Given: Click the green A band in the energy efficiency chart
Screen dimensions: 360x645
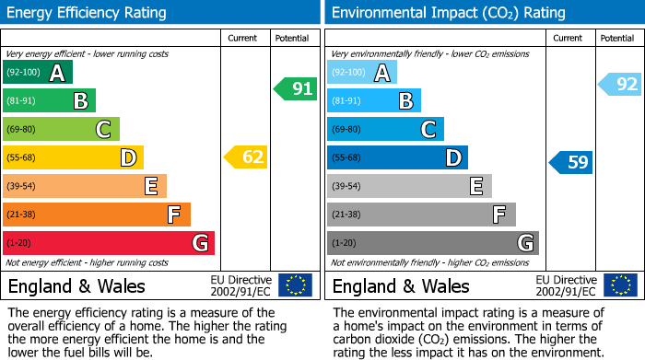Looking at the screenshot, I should pyautogui.click(x=38, y=73).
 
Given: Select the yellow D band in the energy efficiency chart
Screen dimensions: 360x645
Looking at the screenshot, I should pyautogui.click(x=73, y=158).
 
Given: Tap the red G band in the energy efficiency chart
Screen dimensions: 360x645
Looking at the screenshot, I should pyautogui.click(x=109, y=243).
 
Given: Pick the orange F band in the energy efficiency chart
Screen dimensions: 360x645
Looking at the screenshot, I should pyautogui.click(x=97, y=215).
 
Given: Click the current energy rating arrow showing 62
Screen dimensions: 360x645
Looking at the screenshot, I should pyautogui.click(x=247, y=157).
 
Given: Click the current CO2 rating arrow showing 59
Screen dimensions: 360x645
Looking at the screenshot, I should pyautogui.click(x=572, y=163).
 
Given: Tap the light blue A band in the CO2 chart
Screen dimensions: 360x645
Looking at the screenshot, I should pyautogui.click(x=362, y=73).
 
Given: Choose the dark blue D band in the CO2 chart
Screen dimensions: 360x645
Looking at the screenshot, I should pyautogui.click(x=397, y=158).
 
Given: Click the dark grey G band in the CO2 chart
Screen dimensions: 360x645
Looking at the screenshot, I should pyautogui.click(x=433, y=243).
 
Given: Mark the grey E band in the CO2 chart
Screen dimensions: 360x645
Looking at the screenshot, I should pyautogui.click(x=409, y=186).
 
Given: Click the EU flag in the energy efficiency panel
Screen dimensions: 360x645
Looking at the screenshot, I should pyautogui.click(x=295, y=285).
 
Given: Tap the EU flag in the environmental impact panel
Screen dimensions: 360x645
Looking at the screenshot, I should pyautogui.click(x=620, y=285).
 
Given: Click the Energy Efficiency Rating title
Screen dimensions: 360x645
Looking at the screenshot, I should pyautogui.click(x=88, y=13).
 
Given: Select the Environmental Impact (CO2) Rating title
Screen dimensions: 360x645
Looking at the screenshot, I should pyautogui.click(x=448, y=13).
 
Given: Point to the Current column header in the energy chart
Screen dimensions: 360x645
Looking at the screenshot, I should pyautogui.click(x=244, y=38).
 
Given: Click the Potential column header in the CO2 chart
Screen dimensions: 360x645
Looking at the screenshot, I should pyautogui.click(x=616, y=38).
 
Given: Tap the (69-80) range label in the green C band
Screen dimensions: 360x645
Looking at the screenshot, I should pyautogui.click(x=21, y=130).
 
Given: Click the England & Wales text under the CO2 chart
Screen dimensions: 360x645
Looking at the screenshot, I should pyautogui.click(x=401, y=285).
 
